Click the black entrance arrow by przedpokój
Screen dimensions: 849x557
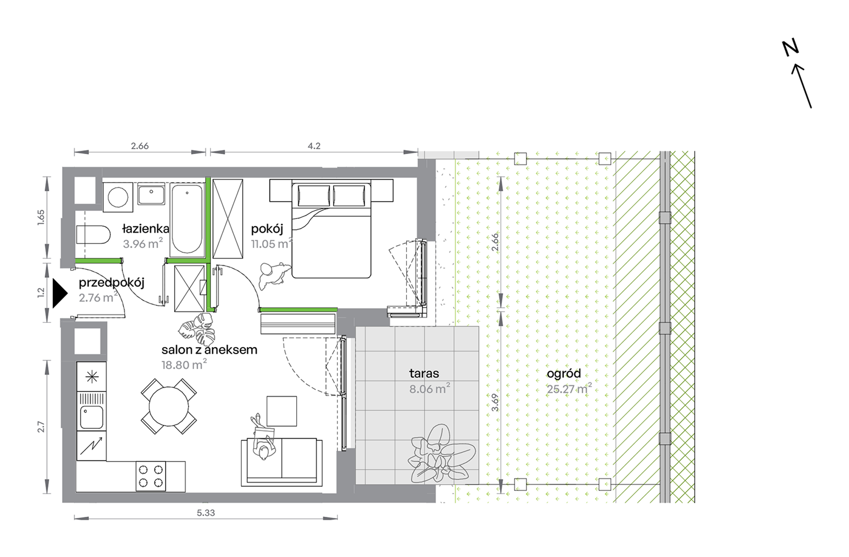coord(59,293)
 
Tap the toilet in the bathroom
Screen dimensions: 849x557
coord(93,235)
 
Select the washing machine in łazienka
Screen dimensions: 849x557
coord(118,197)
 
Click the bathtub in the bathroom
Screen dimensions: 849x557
coord(187,220)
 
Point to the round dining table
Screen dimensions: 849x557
coord(168,406)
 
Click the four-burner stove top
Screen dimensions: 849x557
coord(151,476)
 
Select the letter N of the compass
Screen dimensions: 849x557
coord(790,47)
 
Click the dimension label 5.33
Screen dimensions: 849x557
coord(206,513)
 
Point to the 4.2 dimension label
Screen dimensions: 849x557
coord(314,146)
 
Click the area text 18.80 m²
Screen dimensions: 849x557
coord(184,364)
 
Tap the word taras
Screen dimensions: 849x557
coord(424,373)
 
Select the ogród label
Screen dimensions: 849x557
coord(564,374)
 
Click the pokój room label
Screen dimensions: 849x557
coord(267,229)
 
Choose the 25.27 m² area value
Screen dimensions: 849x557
coord(569,389)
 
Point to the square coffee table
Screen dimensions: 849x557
coord(282,411)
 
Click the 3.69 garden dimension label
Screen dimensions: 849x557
coord(495,402)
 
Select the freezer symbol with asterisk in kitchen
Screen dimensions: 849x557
coord(92,377)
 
